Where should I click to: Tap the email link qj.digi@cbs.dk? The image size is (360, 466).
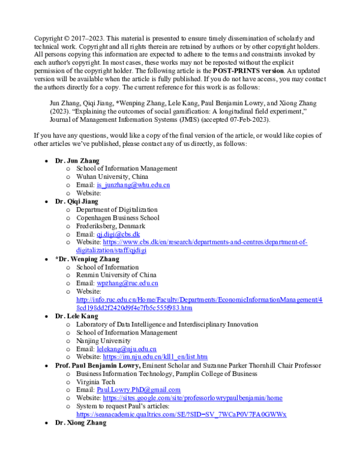pos(118,234)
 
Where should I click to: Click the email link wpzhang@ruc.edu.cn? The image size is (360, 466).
pos(127,283)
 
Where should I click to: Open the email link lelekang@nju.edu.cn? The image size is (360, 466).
pos(126,348)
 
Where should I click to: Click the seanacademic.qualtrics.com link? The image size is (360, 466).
pos(181,414)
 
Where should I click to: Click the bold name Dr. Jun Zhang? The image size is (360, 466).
pos(77,160)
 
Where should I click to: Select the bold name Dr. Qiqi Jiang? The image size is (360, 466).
pos(77,202)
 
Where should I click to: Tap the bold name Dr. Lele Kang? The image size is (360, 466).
pos(77,316)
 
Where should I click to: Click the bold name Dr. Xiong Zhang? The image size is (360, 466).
pos(80,422)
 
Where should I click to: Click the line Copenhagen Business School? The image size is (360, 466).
pos(118,218)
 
